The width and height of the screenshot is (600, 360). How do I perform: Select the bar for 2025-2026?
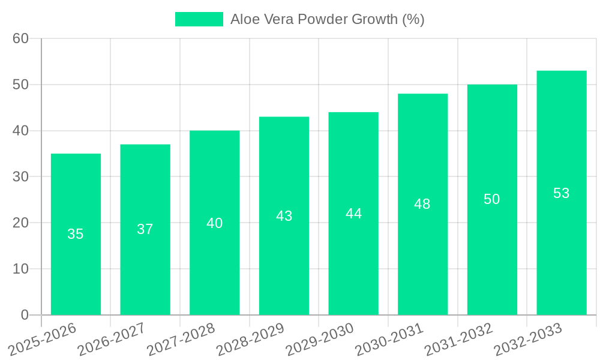(x=76, y=234)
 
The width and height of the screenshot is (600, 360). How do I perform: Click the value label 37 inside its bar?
(x=145, y=229)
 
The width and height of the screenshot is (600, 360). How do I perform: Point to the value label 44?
(x=353, y=214)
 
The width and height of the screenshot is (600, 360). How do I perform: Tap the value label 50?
(x=492, y=199)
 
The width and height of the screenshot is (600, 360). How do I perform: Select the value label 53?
(x=561, y=193)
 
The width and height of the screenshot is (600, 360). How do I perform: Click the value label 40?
(x=215, y=223)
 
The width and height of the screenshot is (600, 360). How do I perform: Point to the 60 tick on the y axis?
(x=20, y=38)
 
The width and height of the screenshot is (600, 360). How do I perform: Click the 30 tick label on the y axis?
(x=20, y=177)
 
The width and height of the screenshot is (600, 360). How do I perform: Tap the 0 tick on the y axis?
(x=25, y=315)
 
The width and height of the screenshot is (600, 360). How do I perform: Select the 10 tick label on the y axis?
(x=20, y=269)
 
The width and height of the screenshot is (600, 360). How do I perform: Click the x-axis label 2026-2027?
(x=112, y=339)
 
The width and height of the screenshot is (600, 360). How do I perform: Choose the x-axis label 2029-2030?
(x=320, y=339)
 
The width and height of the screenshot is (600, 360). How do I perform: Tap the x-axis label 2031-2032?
(x=459, y=339)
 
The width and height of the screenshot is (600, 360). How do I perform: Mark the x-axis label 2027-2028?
(x=181, y=339)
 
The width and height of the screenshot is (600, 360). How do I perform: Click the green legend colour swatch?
(x=199, y=19)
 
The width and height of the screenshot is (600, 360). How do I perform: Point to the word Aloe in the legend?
(x=244, y=19)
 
